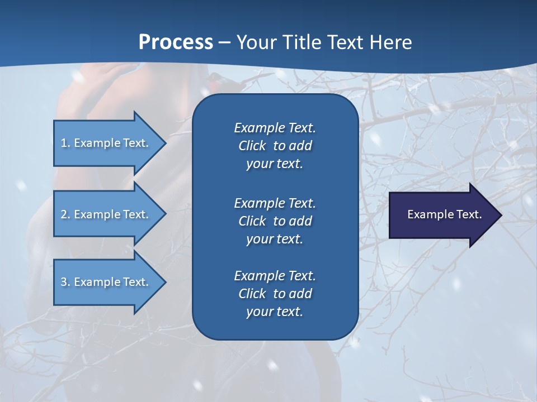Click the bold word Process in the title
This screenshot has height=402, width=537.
tap(176, 42)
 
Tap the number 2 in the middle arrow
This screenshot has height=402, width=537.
tap(64, 214)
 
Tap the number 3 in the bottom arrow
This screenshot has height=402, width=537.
tap(64, 282)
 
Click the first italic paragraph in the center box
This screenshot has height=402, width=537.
tap(275, 146)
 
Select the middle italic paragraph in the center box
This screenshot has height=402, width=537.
tap(275, 221)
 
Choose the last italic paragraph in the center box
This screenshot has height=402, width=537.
tap(275, 294)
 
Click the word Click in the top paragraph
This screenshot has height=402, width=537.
tap(252, 146)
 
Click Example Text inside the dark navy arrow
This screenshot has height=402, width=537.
tap(444, 214)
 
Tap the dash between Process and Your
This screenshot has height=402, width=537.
tap(225, 42)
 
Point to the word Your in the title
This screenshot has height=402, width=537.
tap(256, 42)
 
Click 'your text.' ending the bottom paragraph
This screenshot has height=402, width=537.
tap(275, 312)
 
